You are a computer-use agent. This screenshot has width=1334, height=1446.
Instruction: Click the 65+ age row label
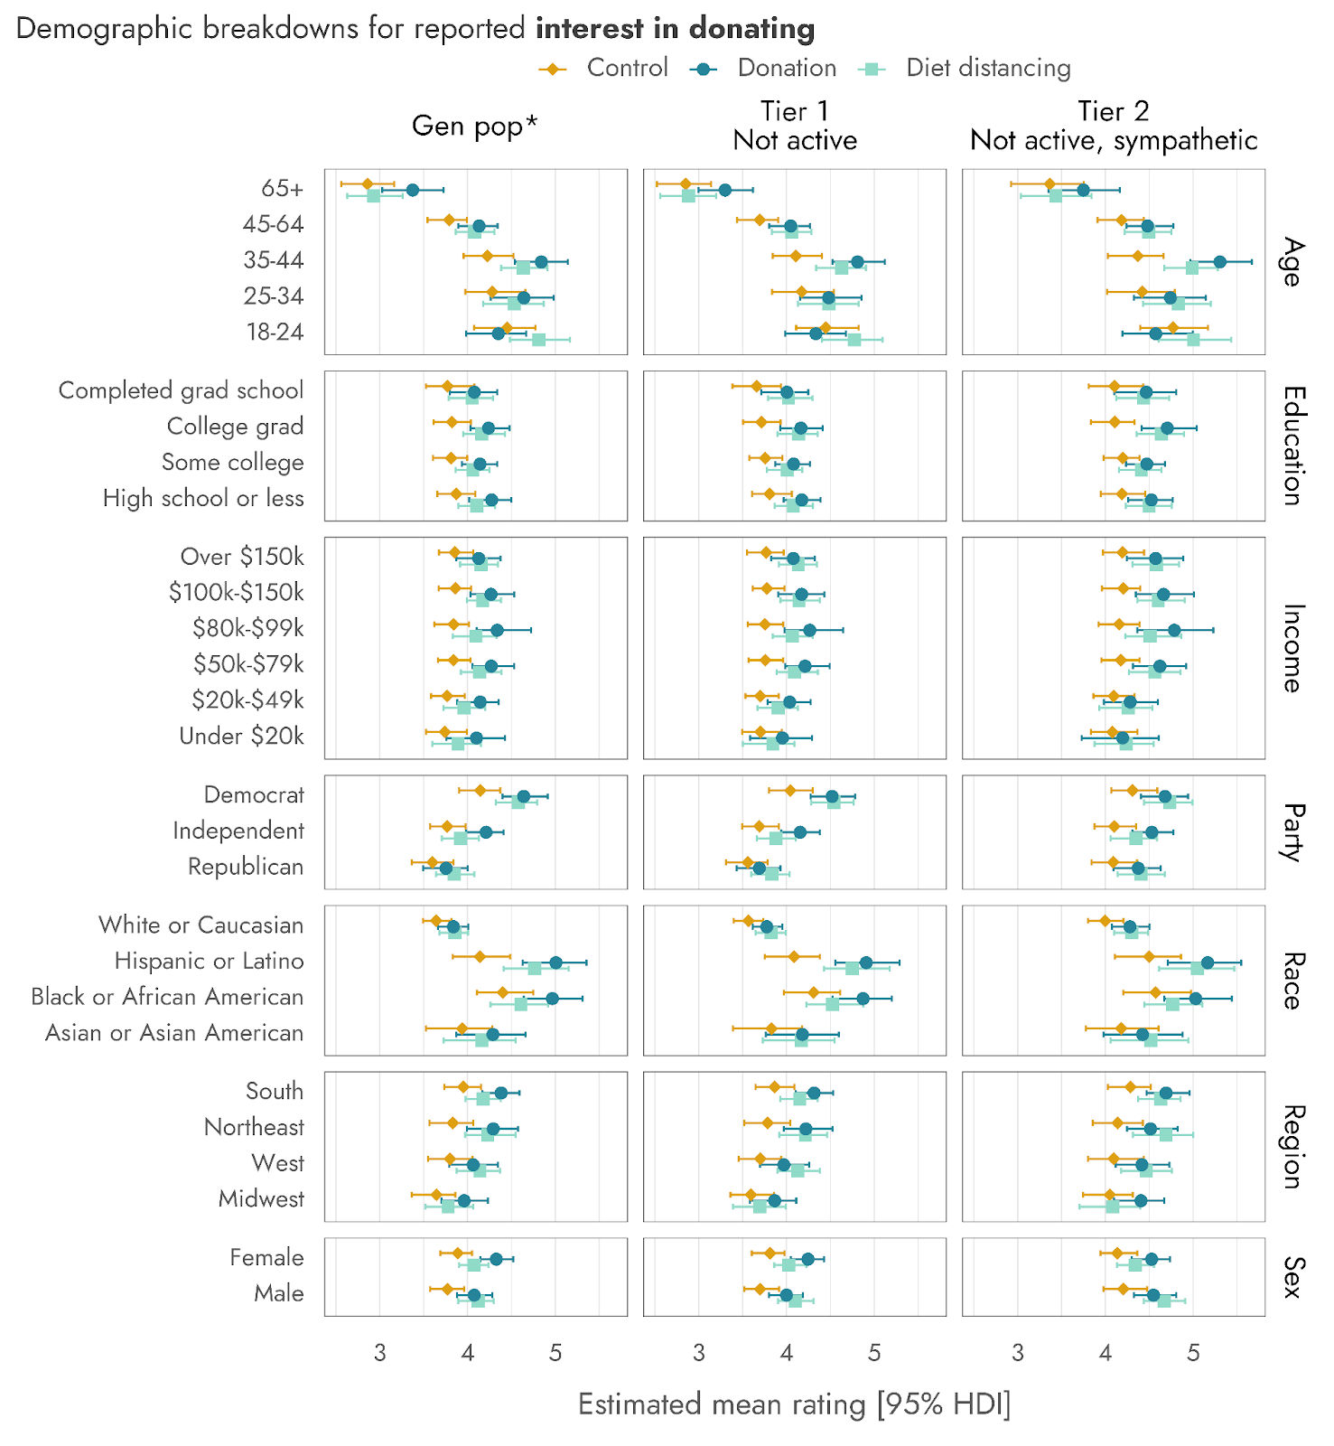coord(282,188)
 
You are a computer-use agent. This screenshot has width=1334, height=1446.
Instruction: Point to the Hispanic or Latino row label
coord(209,961)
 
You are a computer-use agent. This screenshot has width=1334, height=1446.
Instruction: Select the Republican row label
coord(246,867)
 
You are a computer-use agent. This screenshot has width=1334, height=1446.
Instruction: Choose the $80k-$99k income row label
coord(247,628)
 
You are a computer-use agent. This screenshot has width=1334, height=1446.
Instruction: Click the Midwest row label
coord(261,1199)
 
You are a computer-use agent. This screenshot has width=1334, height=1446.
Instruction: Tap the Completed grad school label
coord(181,390)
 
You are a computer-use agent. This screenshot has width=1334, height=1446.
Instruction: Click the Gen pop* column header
coord(474,126)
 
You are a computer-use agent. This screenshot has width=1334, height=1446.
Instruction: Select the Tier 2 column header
coord(1114,126)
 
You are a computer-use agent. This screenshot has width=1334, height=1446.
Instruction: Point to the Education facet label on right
coord(1292,446)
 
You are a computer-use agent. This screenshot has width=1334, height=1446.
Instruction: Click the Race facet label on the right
coord(1292,981)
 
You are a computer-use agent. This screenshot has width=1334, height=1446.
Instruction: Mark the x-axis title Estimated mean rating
coord(794,1404)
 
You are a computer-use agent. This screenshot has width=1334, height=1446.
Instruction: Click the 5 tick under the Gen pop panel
coord(555,1353)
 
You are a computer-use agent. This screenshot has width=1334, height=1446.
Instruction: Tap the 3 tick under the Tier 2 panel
coord(1018,1353)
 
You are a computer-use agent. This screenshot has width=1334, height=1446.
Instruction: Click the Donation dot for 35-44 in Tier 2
coord(1219,262)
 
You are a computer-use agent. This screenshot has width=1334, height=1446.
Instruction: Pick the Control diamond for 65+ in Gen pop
coord(368,183)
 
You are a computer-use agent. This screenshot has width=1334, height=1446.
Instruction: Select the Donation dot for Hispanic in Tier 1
coord(866,962)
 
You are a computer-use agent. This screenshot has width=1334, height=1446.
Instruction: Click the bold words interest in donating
coord(675,29)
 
